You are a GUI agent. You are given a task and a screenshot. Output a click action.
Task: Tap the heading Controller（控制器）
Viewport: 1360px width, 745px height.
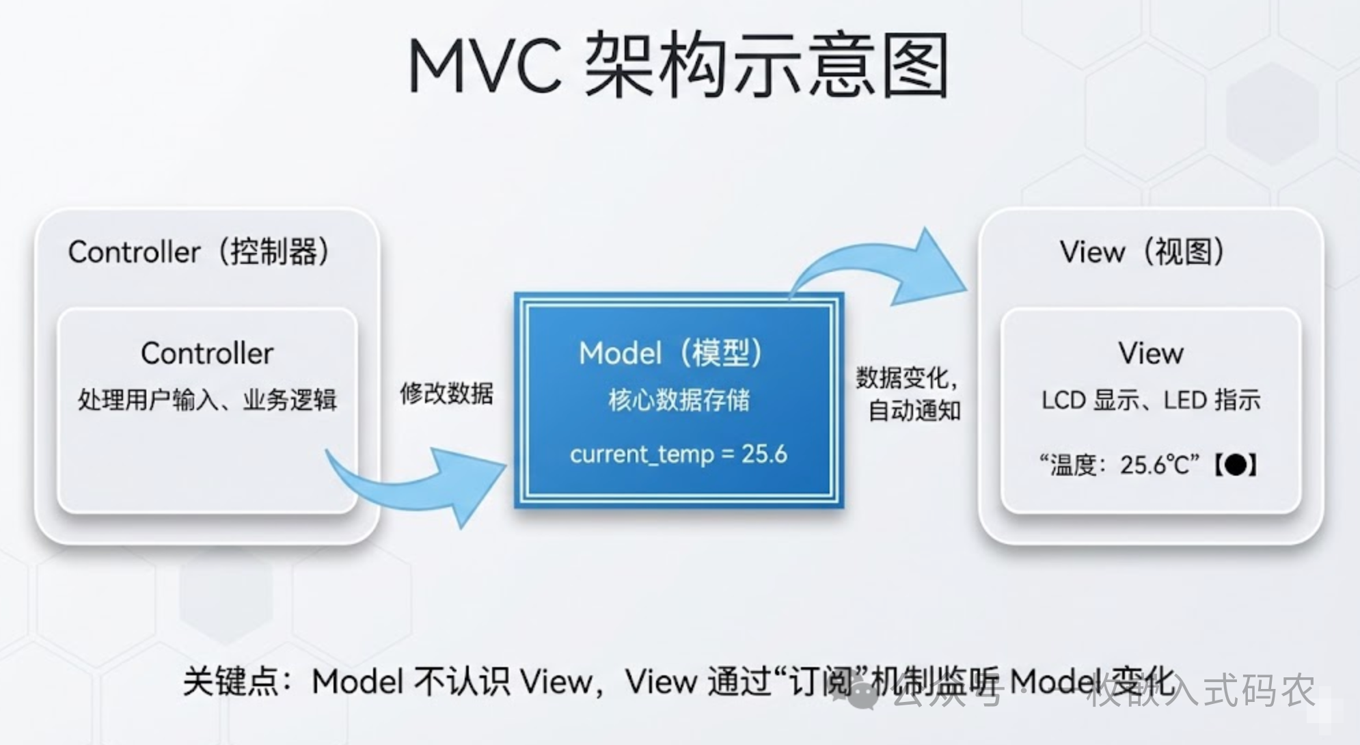pyautogui.click(x=199, y=252)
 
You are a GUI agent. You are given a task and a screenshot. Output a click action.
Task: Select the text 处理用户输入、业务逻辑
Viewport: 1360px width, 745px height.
pyautogui.click(x=207, y=400)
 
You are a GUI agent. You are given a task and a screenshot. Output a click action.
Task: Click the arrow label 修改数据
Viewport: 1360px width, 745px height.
pyautogui.click(x=446, y=394)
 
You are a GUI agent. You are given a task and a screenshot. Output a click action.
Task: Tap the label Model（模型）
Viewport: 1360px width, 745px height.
pyautogui.click(x=670, y=353)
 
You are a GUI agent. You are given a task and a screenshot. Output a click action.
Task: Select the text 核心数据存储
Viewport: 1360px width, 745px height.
pyautogui.click(x=679, y=400)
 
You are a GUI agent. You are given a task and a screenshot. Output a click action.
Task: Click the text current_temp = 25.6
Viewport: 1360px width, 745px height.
pyautogui.click(x=679, y=455)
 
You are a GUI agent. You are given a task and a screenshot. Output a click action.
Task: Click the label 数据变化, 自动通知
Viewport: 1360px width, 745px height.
pyautogui.click(x=909, y=394)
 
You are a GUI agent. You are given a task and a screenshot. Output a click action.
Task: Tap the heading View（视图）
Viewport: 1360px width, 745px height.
pyautogui.click(x=1141, y=252)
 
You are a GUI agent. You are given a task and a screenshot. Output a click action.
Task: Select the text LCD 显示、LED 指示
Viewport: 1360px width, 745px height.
pyautogui.click(x=1151, y=400)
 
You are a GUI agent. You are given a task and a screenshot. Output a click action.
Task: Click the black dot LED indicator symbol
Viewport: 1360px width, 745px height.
pyautogui.click(x=1236, y=465)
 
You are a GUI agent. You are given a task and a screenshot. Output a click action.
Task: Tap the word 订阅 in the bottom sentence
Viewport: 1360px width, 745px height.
pyautogui.click(x=820, y=681)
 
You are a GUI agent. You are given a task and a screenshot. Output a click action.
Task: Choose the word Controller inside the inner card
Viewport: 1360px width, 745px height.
pyautogui.click(x=207, y=353)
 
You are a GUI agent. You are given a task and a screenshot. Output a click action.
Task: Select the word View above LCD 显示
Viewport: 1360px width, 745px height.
pyautogui.click(x=1151, y=353)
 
